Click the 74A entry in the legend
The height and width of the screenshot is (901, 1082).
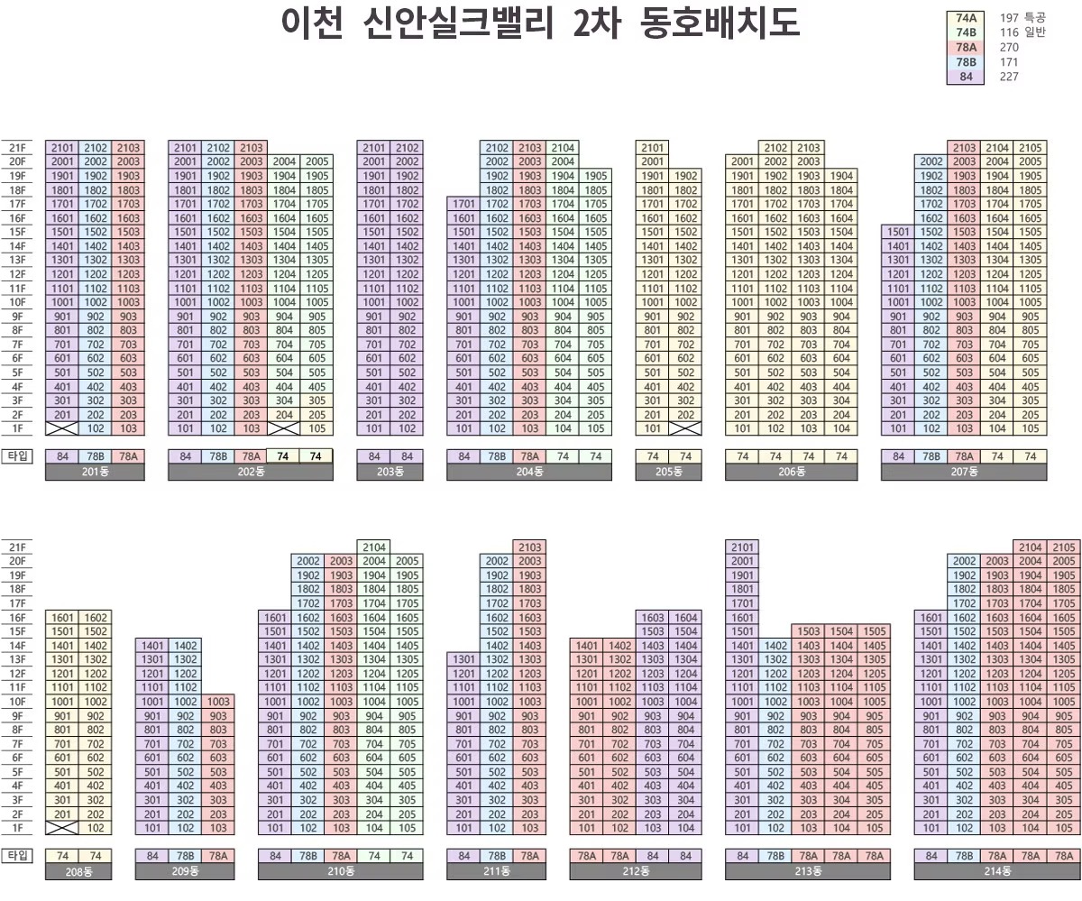click(966, 18)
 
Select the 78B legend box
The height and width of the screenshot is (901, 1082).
click(966, 62)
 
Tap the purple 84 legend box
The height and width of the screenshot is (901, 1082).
click(966, 77)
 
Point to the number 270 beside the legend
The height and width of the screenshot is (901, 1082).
click(1009, 48)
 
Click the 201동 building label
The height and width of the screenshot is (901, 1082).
click(95, 473)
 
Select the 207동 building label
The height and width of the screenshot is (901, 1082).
click(964, 473)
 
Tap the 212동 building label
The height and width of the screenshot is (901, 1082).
click(635, 871)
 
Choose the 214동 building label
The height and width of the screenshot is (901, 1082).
click(997, 871)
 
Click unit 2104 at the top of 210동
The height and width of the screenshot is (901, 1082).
click(374, 547)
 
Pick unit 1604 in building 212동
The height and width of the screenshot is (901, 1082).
click(685, 618)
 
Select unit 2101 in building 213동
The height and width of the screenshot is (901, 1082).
click(742, 547)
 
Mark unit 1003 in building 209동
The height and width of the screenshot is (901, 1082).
click(217, 702)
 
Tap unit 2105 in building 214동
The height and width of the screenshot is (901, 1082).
click(1064, 547)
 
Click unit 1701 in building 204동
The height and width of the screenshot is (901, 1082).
click(463, 204)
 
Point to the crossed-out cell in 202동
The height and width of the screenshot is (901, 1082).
click(283, 429)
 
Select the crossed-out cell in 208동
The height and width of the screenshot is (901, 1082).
click(62, 828)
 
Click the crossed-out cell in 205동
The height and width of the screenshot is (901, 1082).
click(685, 429)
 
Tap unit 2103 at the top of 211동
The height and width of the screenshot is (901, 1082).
click(529, 547)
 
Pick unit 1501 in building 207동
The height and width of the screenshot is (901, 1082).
click(898, 232)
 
